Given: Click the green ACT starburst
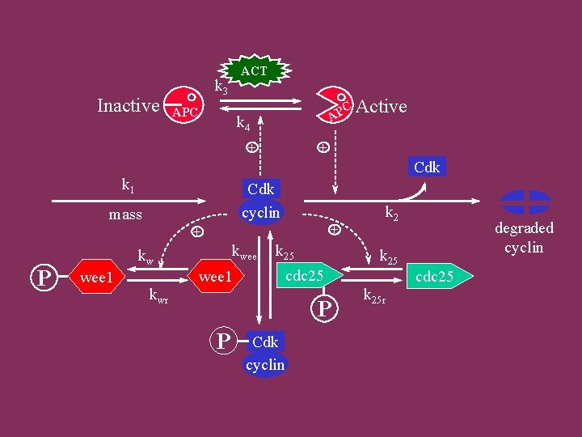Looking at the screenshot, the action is [x=254, y=72].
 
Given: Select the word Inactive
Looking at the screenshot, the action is [x=128, y=106].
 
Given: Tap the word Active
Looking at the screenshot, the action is [x=382, y=107].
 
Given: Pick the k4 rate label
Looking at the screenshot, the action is [x=242, y=123].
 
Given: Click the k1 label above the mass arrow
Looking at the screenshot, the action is [x=128, y=185].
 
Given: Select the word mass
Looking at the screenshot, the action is [x=125, y=214].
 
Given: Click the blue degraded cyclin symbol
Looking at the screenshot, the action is [x=525, y=202].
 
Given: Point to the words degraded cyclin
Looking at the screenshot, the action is [x=524, y=238].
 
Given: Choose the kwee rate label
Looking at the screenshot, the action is [x=244, y=252].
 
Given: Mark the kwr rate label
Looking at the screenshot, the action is [x=158, y=293].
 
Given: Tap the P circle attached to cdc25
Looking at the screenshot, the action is [x=324, y=308].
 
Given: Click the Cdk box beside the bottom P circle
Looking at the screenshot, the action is [x=265, y=342].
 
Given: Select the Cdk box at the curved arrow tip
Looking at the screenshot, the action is [x=427, y=168].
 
